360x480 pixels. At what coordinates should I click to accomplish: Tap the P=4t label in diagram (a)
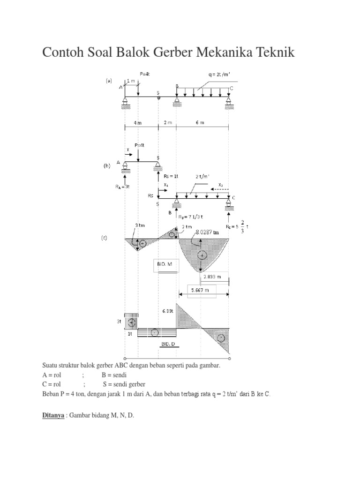coord(145,74)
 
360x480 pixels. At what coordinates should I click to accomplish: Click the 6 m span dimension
coord(200,123)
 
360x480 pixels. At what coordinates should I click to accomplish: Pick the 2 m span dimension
coord(167,123)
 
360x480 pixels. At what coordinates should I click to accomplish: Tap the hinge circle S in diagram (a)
coord(158,98)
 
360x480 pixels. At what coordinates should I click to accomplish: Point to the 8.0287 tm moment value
coord(209,232)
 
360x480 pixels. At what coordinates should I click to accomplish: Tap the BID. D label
coord(168,344)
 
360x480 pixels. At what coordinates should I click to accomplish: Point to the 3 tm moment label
coord(140,225)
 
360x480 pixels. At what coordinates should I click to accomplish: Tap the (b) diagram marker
coord(107,165)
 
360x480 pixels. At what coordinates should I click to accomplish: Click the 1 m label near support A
coord(131,81)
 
